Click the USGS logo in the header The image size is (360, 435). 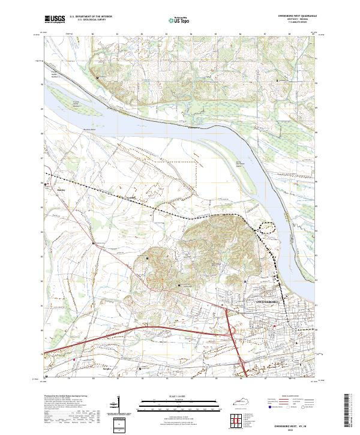pos(55,19)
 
